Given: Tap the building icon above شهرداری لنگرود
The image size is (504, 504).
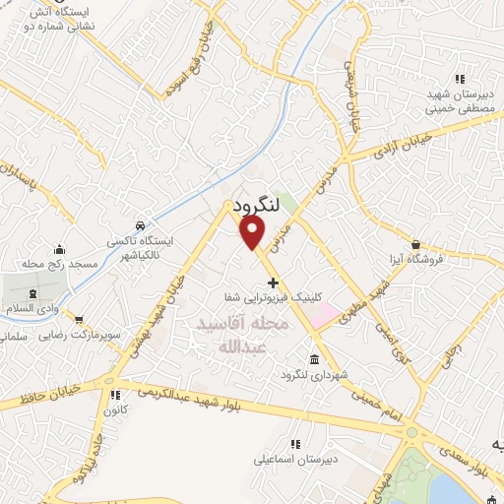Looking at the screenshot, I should [314, 358].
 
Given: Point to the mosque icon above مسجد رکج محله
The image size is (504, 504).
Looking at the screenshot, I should [61, 249].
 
